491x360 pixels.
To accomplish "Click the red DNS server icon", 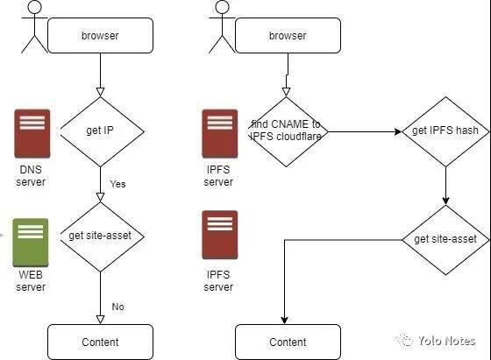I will pyautogui.click(x=32, y=134).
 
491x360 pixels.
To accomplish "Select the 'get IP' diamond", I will pyautogui.click(x=99, y=131).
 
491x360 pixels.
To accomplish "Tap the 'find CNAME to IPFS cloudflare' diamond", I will pyautogui.click(x=287, y=131).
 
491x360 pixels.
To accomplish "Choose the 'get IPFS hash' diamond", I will pyautogui.click(x=445, y=131).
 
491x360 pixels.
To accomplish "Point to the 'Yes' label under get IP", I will pyautogui.click(x=117, y=184).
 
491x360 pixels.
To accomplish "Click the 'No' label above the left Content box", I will pyautogui.click(x=117, y=306).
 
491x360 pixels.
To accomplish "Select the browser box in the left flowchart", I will pyautogui.click(x=99, y=36).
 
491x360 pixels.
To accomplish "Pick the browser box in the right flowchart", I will pyautogui.click(x=288, y=36).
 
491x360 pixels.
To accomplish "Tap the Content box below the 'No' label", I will pyautogui.click(x=99, y=342).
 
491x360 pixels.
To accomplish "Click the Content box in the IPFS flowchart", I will pyautogui.click(x=288, y=342).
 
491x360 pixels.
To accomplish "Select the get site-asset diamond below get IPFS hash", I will pyautogui.click(x=445, y=239).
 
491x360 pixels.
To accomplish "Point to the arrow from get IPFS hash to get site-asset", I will pyautogui.click(x=445, y=186).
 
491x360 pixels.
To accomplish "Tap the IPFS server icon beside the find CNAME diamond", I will pyautogui.click(x=219, y=134).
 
